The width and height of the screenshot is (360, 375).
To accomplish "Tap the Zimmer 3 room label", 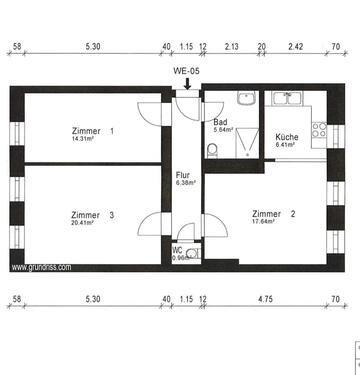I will click(93, 214).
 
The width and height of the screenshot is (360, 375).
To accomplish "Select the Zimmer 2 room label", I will click(273, 214).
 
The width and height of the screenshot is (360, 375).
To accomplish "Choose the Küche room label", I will click(285, 136).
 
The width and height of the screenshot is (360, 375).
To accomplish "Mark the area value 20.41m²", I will click(82, 223).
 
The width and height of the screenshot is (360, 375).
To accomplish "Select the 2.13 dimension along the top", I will click(231, 47).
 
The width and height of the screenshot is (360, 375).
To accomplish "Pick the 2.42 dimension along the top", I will click(295, 47).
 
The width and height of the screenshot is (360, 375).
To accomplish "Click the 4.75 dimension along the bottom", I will click(264, 299).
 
